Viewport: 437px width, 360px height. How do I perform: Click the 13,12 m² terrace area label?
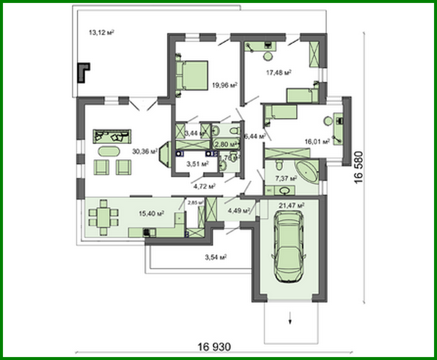101,32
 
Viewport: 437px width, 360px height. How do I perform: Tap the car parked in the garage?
289,246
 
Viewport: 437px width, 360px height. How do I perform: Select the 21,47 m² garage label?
291,206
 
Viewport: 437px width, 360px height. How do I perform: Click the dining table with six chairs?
104,217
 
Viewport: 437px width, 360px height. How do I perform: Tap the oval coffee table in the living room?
109,151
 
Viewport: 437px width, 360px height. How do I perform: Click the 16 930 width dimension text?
214,347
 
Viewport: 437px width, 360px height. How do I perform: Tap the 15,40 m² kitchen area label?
151,213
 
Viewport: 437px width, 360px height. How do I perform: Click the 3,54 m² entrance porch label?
216,257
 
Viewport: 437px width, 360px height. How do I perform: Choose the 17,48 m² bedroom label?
278,72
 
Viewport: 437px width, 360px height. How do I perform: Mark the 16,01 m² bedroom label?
317,142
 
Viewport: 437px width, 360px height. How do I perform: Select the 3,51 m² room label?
197,164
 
